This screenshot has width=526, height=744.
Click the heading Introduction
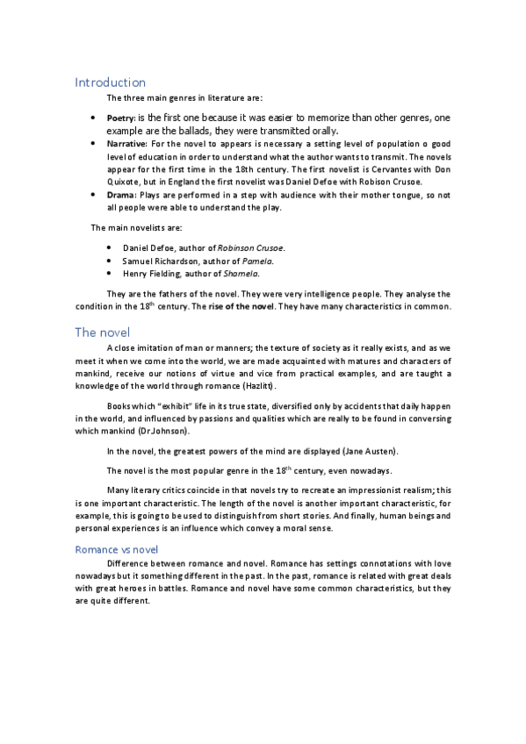(x=110, y=82)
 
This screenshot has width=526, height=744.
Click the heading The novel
(x=103, y=333)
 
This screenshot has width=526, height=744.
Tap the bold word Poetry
(x=120, y=117)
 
